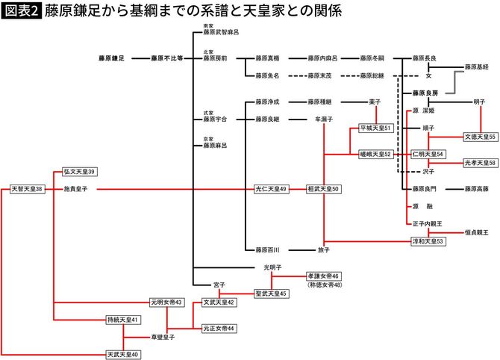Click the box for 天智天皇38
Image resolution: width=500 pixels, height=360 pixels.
click(x=28, y=189)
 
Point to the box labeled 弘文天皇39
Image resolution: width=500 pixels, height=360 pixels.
click(x=80, y=172)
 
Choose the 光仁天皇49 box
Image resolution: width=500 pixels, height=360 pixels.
click(x=272, y=189)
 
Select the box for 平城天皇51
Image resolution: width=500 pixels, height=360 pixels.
click(x=376, y=128)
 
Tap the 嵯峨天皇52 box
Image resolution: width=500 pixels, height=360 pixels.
click(x=375, y=154)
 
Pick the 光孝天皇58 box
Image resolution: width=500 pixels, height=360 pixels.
click(x=481, y=163)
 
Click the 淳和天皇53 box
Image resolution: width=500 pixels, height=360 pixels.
click(x=428, y=241)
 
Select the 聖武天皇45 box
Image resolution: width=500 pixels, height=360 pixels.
click(x=272, y=294)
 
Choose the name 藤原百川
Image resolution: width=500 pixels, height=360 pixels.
click(x=266, y=249)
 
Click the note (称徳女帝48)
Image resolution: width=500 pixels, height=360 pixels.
click(x=324, y=285)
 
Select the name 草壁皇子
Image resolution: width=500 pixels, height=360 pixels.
click(x=162, y=338)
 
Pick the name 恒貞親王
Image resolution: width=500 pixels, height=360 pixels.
click(x=475, y=232)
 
